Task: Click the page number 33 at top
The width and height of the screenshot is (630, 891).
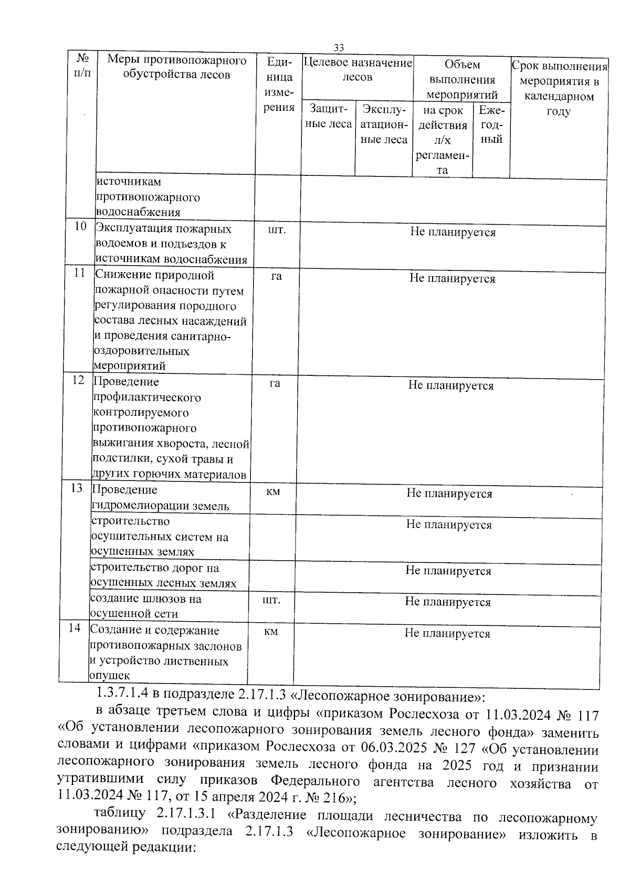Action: point(339,48)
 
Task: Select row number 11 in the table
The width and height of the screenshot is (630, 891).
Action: point(79,273)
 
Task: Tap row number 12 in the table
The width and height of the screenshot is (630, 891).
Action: point(78,380)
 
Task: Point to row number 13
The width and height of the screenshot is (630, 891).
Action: point(77,488)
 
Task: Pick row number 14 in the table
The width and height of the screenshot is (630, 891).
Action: point(75,628)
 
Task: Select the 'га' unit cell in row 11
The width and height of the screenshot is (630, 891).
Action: point(276,276)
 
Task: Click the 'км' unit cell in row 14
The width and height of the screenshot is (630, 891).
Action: point(271,632)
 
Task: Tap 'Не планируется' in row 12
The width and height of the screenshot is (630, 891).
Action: point(451,386)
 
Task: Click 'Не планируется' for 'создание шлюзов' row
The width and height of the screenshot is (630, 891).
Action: point(448,602)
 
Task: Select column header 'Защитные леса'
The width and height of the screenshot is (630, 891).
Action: point(329,117)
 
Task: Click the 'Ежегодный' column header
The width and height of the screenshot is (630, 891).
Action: point(491,124)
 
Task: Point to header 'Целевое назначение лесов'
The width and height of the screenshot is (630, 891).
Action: point(358,70)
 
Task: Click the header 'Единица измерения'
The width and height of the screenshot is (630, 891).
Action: point(279,85)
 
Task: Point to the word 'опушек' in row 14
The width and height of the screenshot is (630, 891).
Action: point(110,676)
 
